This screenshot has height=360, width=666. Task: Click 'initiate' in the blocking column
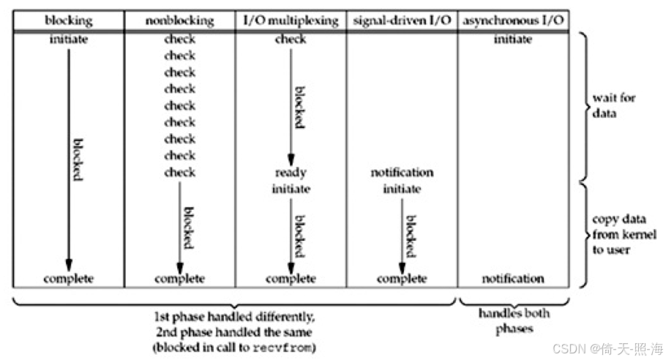coord(68,40)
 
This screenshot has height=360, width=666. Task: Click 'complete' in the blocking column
coord(68,279)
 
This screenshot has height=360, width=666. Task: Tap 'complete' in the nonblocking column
coord(179,279)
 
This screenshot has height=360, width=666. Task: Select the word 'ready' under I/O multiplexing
coord(291,173)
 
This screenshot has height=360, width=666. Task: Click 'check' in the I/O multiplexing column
coord(291,40)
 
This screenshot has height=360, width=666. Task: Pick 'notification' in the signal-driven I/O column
coord(402,173)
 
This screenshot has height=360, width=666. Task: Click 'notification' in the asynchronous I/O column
coord(512,279)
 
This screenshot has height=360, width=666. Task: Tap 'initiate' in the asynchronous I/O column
coord(512,40)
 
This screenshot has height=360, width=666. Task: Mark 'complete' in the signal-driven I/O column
coord(402,279)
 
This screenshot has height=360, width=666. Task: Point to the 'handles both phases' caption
coord(514,321)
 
